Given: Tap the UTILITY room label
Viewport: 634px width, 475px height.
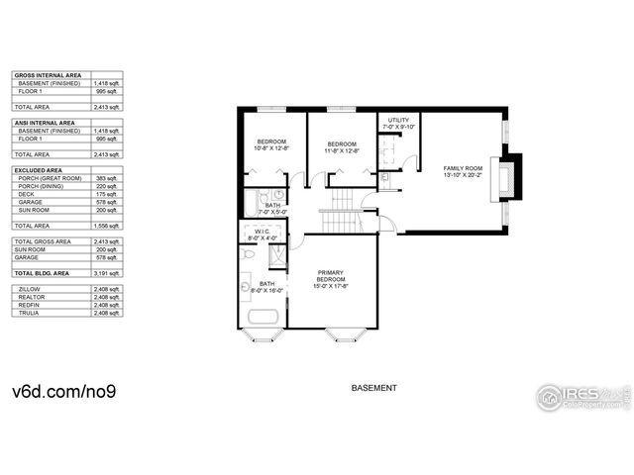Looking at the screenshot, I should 398,120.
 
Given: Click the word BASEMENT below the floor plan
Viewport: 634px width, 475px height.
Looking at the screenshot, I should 374,388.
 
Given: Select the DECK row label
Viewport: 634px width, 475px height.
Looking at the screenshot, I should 27,194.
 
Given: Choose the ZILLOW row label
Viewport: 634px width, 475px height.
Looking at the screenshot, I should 30,288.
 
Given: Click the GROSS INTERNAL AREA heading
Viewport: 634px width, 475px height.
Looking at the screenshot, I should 49,75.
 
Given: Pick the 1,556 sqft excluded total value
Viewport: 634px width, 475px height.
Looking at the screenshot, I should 107,226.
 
